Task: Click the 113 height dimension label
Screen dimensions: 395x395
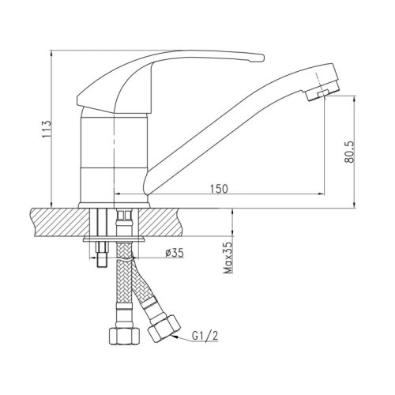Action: (47, 129)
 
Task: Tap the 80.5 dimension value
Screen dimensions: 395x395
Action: (349, 152)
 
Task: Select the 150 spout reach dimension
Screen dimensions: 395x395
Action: (219, 188)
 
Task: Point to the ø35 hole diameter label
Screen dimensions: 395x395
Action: (175, 253)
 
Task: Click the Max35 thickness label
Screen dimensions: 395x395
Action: (228, 258)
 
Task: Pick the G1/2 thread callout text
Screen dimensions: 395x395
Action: (205, 336)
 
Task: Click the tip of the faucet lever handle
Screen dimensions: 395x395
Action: (262, 58)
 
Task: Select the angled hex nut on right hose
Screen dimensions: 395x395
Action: (164, 329)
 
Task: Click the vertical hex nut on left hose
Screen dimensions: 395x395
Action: (124, 336)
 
